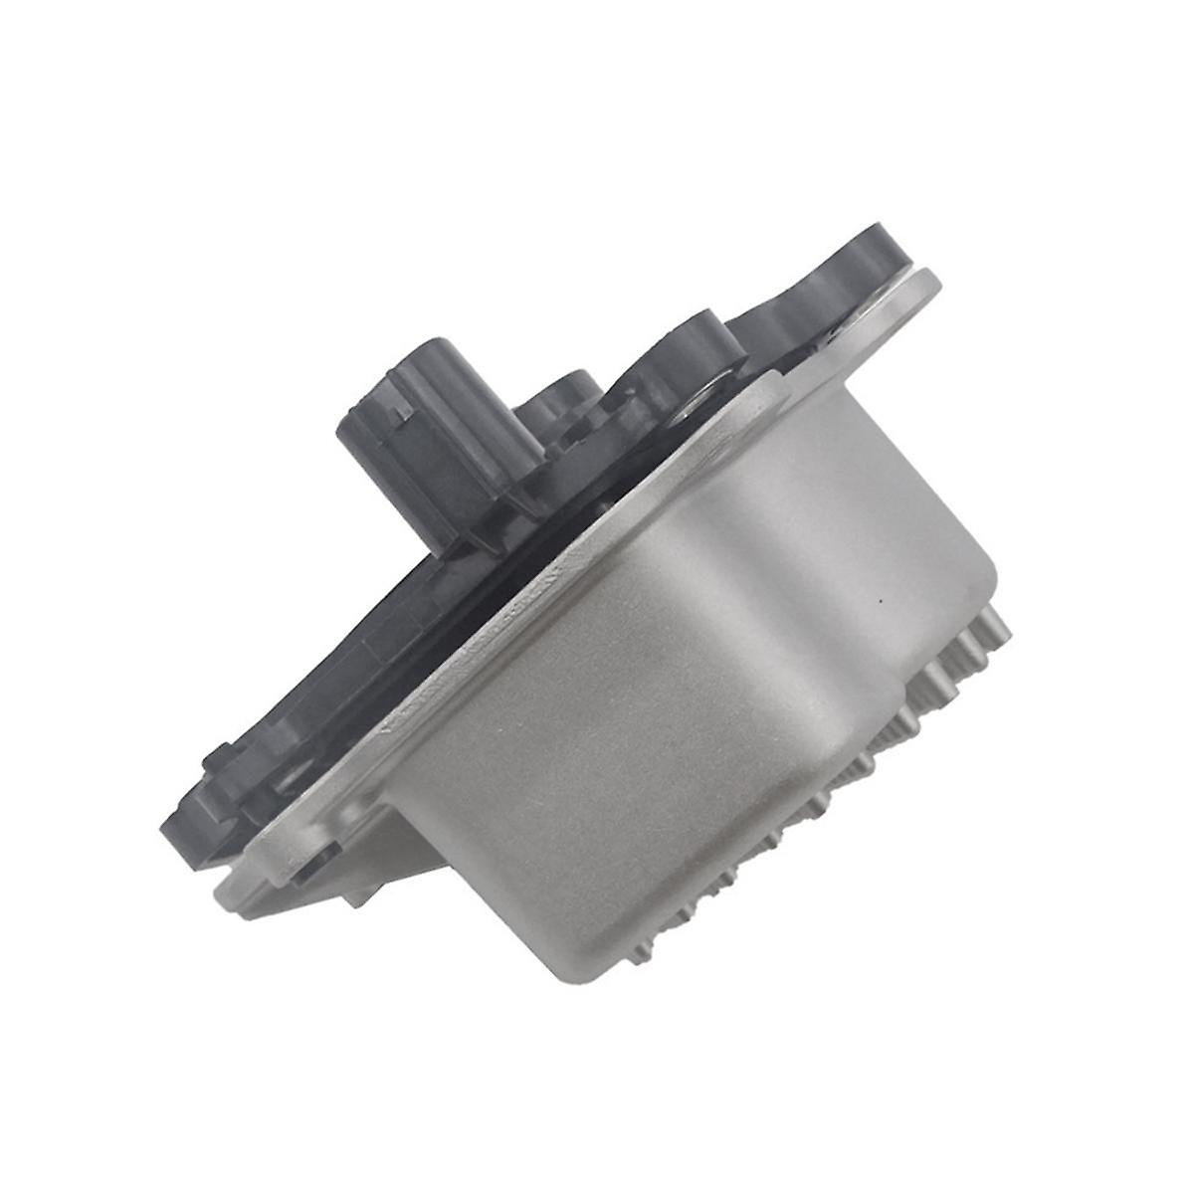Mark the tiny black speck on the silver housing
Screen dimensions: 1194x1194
pyautogui.click(x=881, y=602)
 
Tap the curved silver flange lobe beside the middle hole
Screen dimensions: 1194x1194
pyautogui.click(x=756, y=398)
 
